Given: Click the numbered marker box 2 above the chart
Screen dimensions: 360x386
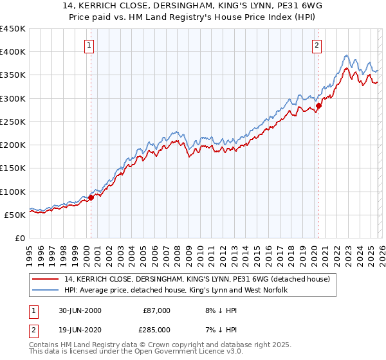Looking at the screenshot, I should tap(317, 45).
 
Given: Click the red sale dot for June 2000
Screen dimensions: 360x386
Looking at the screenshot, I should tap(91, 197).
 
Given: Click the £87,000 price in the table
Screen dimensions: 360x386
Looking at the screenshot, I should tap(156, 310).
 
